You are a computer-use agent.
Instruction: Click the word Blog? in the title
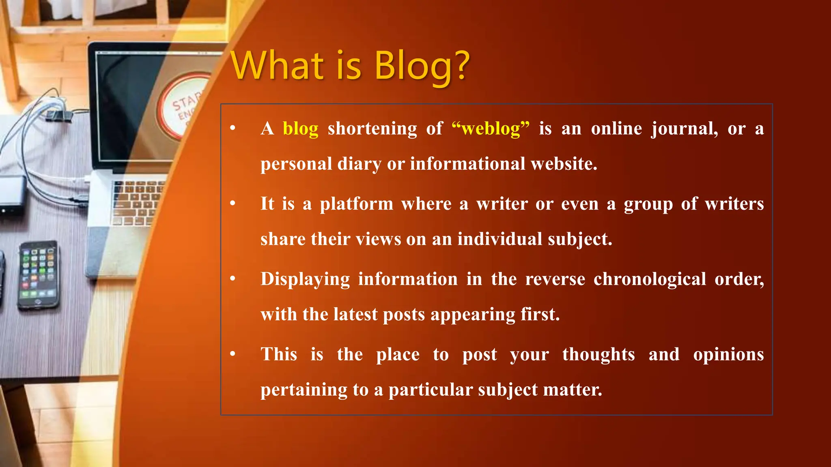422,67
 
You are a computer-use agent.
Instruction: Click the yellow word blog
300,129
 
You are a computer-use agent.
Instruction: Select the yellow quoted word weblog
491,129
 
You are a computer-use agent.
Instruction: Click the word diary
359,164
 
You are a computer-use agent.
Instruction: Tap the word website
564,164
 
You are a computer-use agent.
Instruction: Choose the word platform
356,204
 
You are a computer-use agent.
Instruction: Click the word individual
500,239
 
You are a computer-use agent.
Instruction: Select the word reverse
555,279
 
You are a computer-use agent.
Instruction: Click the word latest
355,315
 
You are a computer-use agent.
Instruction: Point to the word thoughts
598,355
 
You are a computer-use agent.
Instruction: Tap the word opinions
728,355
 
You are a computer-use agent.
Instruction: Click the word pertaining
304,390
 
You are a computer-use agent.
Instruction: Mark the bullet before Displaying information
233,278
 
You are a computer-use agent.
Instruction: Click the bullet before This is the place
233,354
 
